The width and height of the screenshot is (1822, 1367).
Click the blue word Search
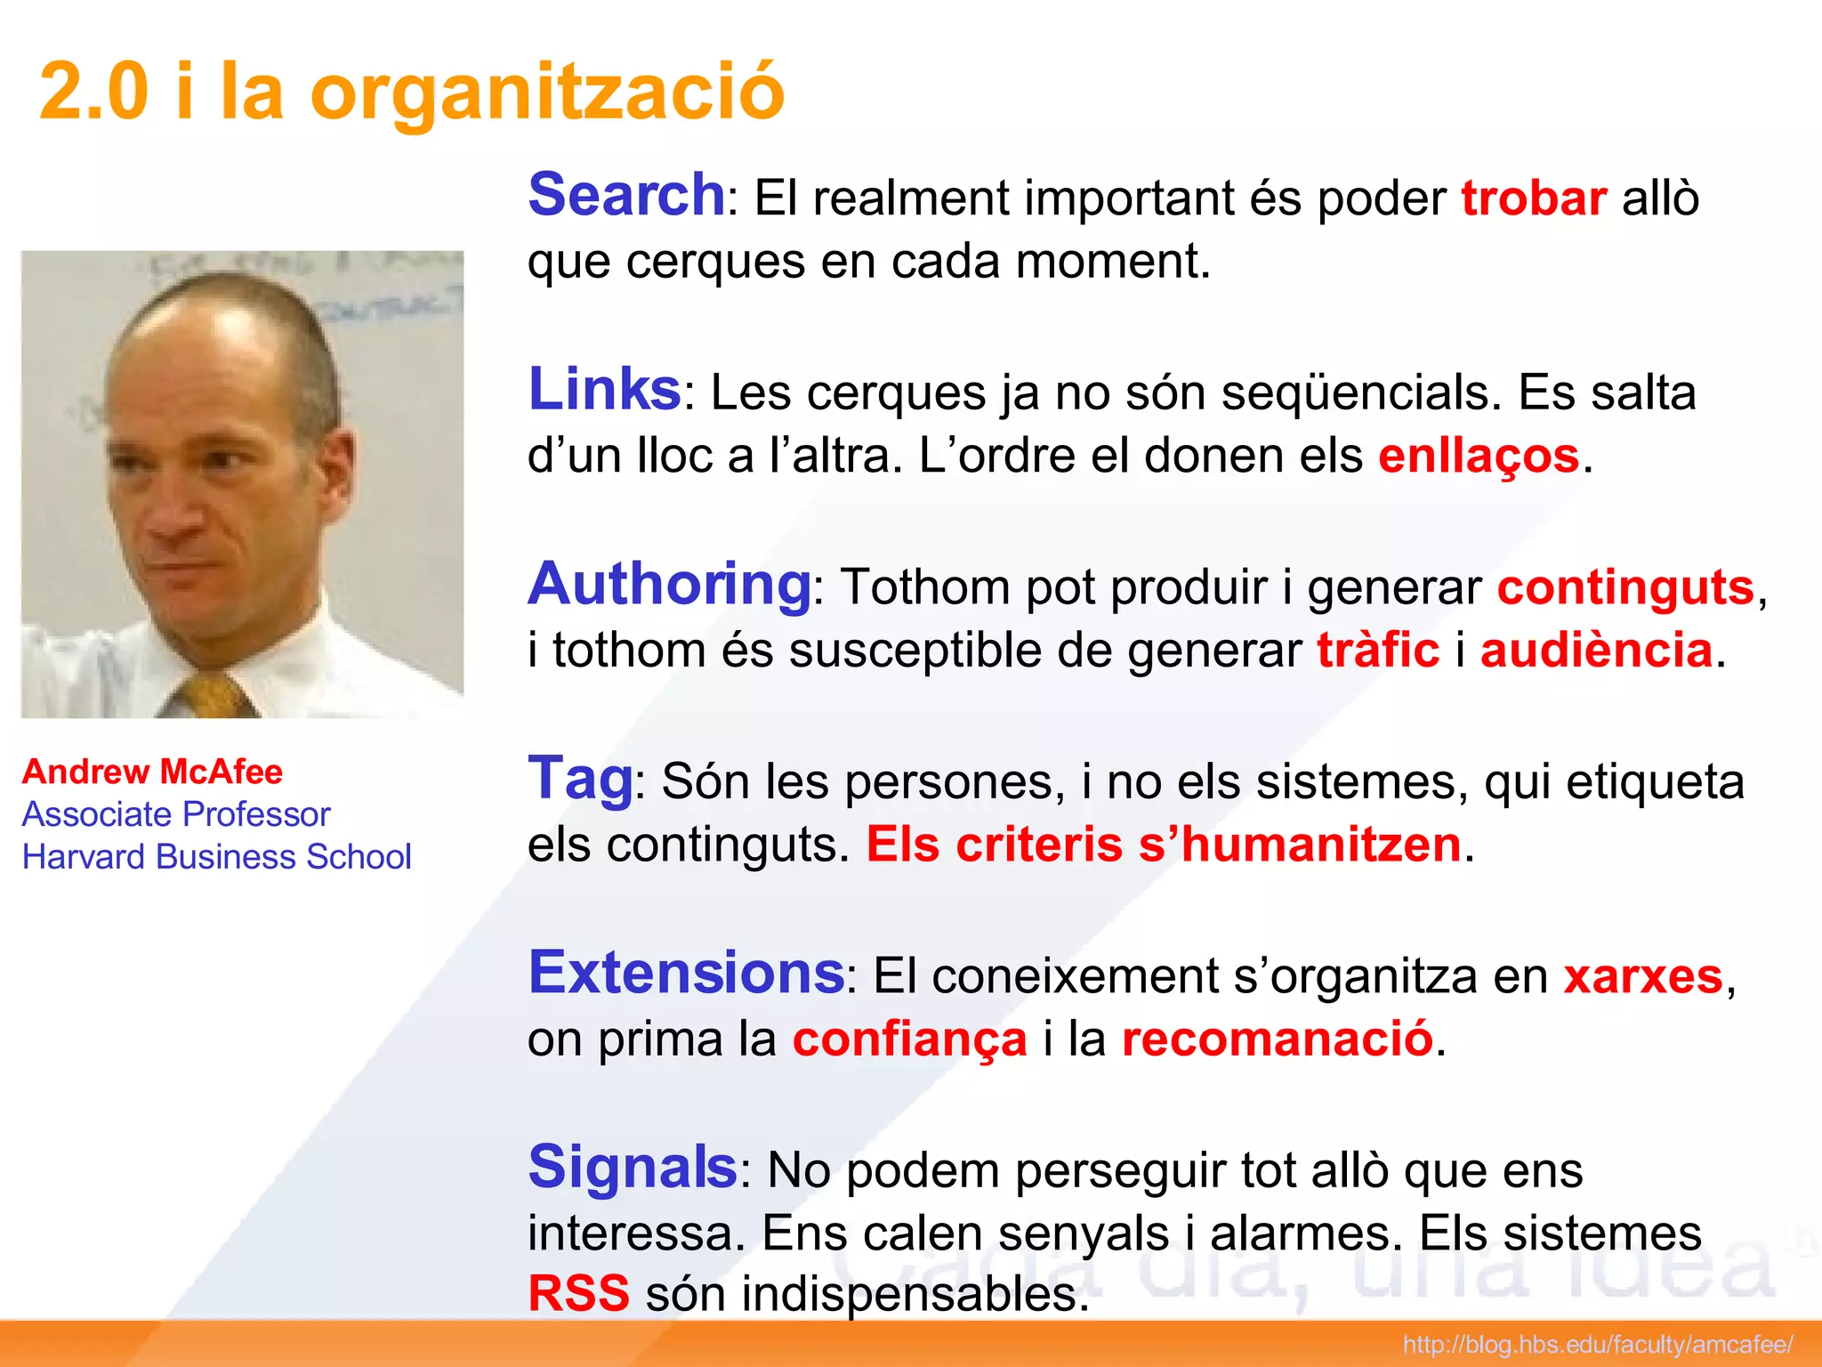(626, 195)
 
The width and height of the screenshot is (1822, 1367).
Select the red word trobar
(1534, 198)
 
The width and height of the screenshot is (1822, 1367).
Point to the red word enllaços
(1479, 456)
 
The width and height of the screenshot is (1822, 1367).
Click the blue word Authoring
(669, 585)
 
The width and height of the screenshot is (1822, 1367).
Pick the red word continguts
(1625, 587)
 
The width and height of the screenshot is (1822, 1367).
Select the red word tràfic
(1378, 650)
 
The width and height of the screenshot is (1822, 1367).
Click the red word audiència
(1596, 650)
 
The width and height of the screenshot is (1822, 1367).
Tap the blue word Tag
(580, 779)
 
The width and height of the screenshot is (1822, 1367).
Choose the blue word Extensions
(686, 973)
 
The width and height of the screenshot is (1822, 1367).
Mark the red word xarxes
(1643, 976)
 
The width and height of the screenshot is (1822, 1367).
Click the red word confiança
(909, 1039)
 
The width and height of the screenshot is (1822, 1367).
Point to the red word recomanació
(1277, 1039)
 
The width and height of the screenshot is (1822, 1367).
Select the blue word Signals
(632, 1167)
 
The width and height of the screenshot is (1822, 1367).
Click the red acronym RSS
(579, 1293)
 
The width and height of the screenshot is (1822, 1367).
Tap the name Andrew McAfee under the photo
(152, 772)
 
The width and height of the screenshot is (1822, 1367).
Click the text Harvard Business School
(216, 856)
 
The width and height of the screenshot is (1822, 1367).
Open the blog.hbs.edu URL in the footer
(1597, 1344)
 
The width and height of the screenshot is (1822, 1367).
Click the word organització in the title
(546, 92)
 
